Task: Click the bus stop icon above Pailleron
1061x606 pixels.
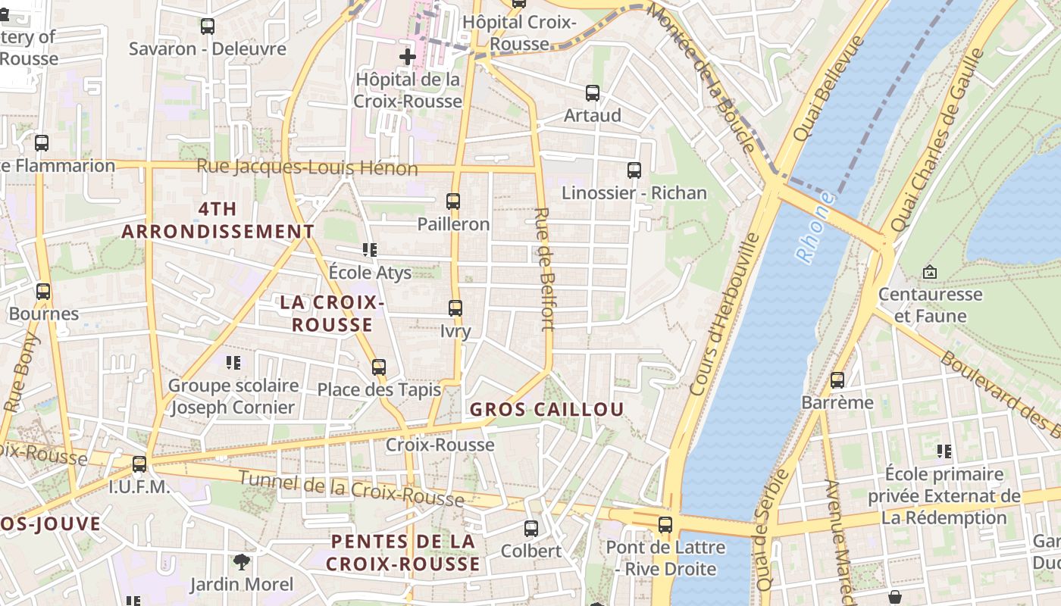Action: (x=453, y=201)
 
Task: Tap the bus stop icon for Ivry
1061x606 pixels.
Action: (x=455, y=308)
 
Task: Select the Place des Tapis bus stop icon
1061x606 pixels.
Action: (x=379, y=367)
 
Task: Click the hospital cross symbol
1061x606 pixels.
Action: (x=408, y=57)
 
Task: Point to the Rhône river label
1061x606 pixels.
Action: (x=815, y=227)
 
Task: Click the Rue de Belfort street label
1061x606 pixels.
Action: (x=545, y=269)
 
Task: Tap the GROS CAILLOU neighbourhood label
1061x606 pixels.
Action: (x=546, y=410)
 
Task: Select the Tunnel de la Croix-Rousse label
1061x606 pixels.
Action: (x=351, y=489)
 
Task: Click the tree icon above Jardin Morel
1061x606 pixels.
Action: (x=242, y=561)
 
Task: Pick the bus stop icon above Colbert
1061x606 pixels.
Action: (x=531, y=528)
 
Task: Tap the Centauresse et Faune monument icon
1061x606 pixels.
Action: (x=930, y=272)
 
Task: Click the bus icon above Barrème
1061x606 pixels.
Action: (x=837, y=380)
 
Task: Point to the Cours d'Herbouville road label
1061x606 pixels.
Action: (x=725, y=314)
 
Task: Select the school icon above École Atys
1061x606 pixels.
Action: (x=370, y=249)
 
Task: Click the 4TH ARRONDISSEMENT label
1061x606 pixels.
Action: (x=218, y=220)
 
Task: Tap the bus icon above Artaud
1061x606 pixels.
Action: (x=593, y=93)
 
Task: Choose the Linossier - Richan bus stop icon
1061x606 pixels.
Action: (x=634, y=170)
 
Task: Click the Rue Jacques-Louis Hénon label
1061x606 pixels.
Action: (x=307, y=167)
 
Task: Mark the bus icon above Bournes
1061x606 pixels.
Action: (x=43, y=292)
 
